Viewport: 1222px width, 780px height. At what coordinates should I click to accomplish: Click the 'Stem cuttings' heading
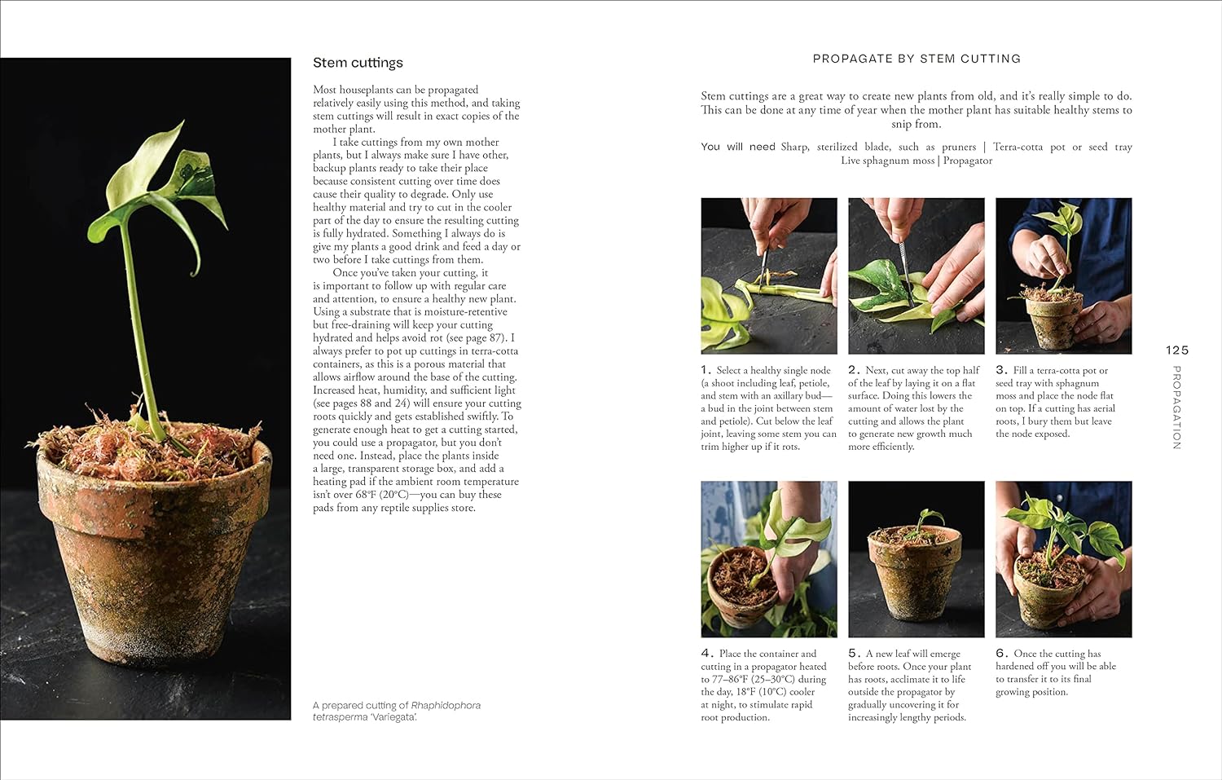click(x=358, y=63)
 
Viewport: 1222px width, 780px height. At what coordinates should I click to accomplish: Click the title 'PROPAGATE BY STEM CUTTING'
click(x=916, y=59)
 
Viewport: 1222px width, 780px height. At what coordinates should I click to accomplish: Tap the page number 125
click(x=1176, y=350)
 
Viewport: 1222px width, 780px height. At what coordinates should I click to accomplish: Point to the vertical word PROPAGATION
click(x=1176, y=407)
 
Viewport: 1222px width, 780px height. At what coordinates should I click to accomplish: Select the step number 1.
click(x=706, y=370)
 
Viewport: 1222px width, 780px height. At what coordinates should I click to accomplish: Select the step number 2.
click(x=853, y=370)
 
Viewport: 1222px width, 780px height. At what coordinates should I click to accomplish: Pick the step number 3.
click(x=1001, y=370)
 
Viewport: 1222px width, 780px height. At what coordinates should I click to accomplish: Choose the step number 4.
click(x=706, y=654)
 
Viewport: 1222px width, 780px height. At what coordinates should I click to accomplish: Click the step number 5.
click(x=854, y=654)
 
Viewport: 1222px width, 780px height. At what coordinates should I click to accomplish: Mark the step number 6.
click(x=1001, y=654)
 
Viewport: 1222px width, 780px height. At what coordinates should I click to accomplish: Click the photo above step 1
click(x=768, y=275)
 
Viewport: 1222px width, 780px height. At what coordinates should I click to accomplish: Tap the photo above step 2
click(x=916, y=275)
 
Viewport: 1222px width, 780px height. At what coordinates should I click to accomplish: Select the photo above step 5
click(x=916, y=559)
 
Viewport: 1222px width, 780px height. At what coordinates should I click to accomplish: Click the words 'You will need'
click(x=738, y=147)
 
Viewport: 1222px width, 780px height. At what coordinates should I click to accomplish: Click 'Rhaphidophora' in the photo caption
click(x=446, y=705)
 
